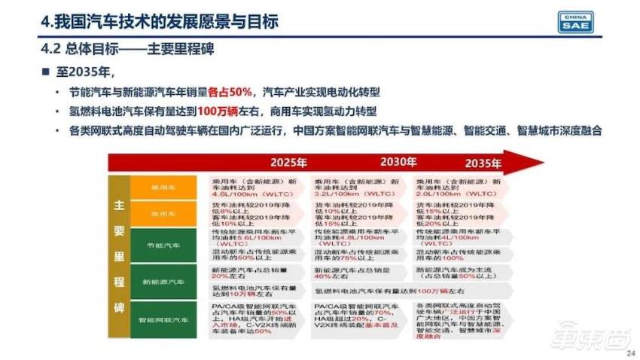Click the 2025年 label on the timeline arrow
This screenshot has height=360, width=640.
(x=290, y=162)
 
